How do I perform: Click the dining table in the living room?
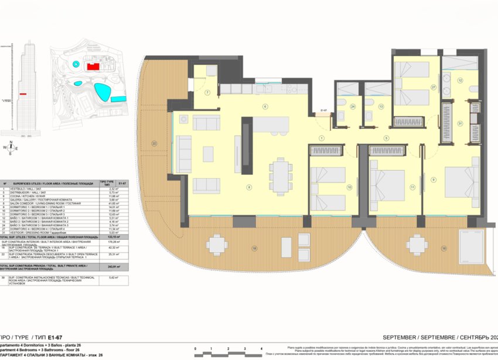(x=281, y=174)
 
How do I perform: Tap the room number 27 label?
(x=433, y=87)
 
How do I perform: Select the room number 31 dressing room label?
(x=461, y=123)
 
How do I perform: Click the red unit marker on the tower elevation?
(x=23, y=93)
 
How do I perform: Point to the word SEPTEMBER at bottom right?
(x=399, y=338)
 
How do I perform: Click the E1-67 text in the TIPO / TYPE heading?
(x=54, y=338)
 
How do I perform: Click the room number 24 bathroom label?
(x=353, y=107)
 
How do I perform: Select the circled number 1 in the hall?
(x=321, y=138)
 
